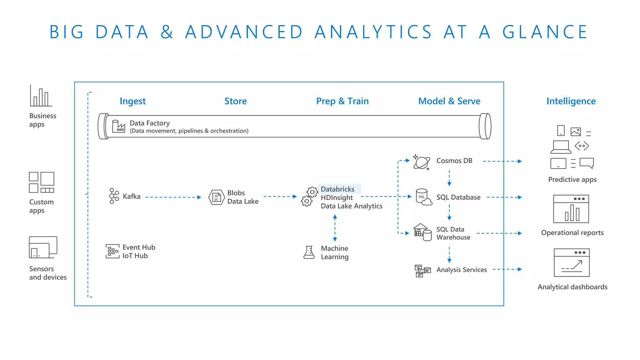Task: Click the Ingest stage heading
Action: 132,101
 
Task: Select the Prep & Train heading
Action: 342,101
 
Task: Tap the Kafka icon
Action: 114,196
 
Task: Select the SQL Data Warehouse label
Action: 453,233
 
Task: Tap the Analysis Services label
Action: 461,270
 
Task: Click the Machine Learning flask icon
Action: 309,252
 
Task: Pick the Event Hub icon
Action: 112,251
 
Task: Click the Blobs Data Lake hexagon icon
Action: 217,197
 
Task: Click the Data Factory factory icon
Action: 118,126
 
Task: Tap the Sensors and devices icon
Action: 43,247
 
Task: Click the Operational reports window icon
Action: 571,209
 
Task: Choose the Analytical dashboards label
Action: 572,287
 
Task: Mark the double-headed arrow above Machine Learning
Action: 335,228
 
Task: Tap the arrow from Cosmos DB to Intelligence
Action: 502,161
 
